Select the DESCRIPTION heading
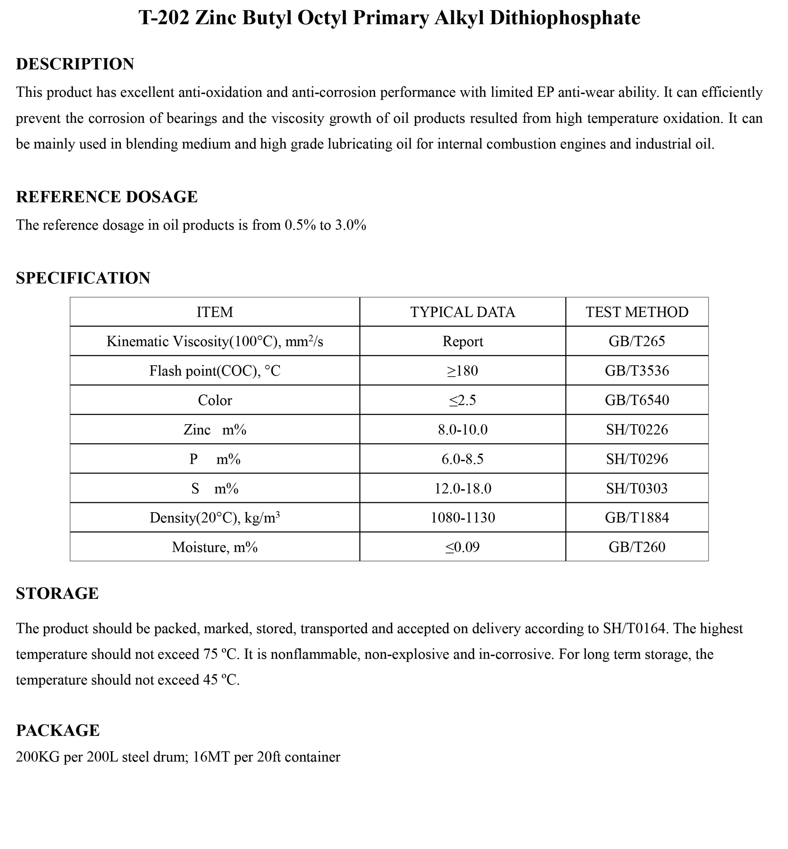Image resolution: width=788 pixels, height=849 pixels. click(75, 64)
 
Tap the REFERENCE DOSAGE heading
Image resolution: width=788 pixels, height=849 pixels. click(107, 197)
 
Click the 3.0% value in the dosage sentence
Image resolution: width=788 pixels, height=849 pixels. click(350, 225)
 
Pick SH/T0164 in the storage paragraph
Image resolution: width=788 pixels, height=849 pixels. click(634, 629)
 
